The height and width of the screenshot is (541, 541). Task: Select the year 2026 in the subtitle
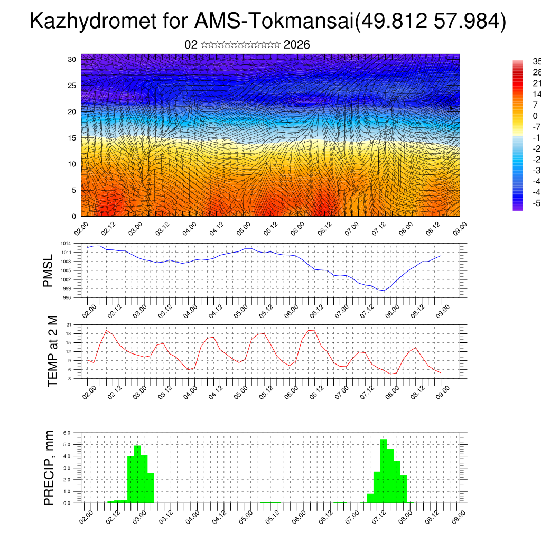tap(296, 45)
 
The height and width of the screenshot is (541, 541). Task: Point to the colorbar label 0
tap(535, 116)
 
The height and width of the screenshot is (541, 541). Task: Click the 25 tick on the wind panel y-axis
tap(72, 86)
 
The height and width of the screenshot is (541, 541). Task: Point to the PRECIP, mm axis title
tap(49, 467)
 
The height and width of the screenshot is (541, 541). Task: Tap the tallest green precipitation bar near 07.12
tap(384, 470)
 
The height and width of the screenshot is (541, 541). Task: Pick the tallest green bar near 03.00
tap(137, 474)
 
